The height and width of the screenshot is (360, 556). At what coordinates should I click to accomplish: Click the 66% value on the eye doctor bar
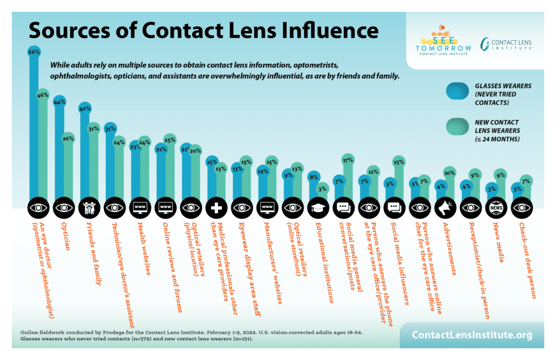click(34, 52)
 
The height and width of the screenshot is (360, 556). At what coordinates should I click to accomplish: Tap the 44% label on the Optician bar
click(59, 102)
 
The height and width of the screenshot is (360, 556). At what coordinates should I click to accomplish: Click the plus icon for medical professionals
click(216, 207)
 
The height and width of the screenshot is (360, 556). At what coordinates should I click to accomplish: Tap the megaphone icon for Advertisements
click(444, 207)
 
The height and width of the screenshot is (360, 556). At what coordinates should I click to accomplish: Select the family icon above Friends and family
click(89, 207)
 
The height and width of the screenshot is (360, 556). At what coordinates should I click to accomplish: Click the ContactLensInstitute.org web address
click(472, 335)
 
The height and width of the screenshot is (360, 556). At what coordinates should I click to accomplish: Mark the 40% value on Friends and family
click(85, 108)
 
